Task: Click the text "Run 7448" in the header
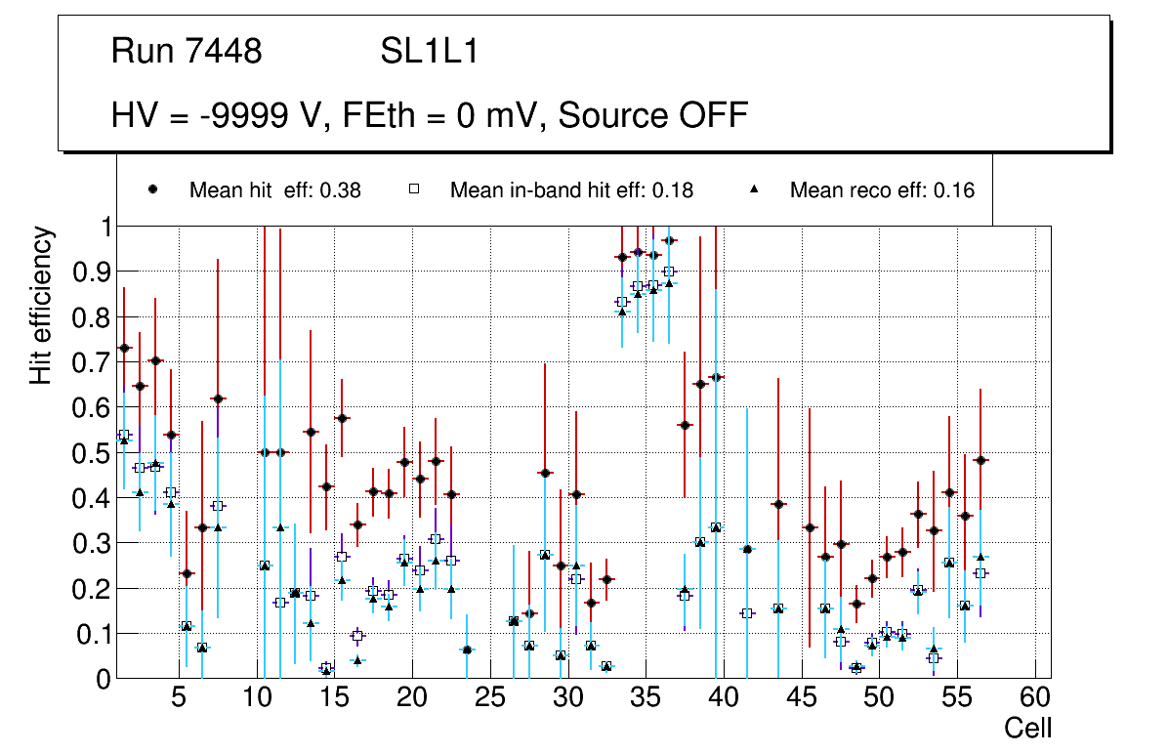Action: pos(187,51)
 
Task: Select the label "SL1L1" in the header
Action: pos(430,51)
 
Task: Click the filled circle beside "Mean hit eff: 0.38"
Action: pos(152,190)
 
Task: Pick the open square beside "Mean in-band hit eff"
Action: pos(413,190)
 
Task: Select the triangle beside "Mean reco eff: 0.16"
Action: pos(753,190)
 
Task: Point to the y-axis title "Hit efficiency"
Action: pos(41,305)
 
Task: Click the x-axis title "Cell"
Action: pos(1028,728)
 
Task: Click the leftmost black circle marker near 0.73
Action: pos(124,348)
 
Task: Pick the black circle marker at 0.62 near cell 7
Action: pos(218,398)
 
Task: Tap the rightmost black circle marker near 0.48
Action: pos(980,460)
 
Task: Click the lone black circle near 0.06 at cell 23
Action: pos(467,649)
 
